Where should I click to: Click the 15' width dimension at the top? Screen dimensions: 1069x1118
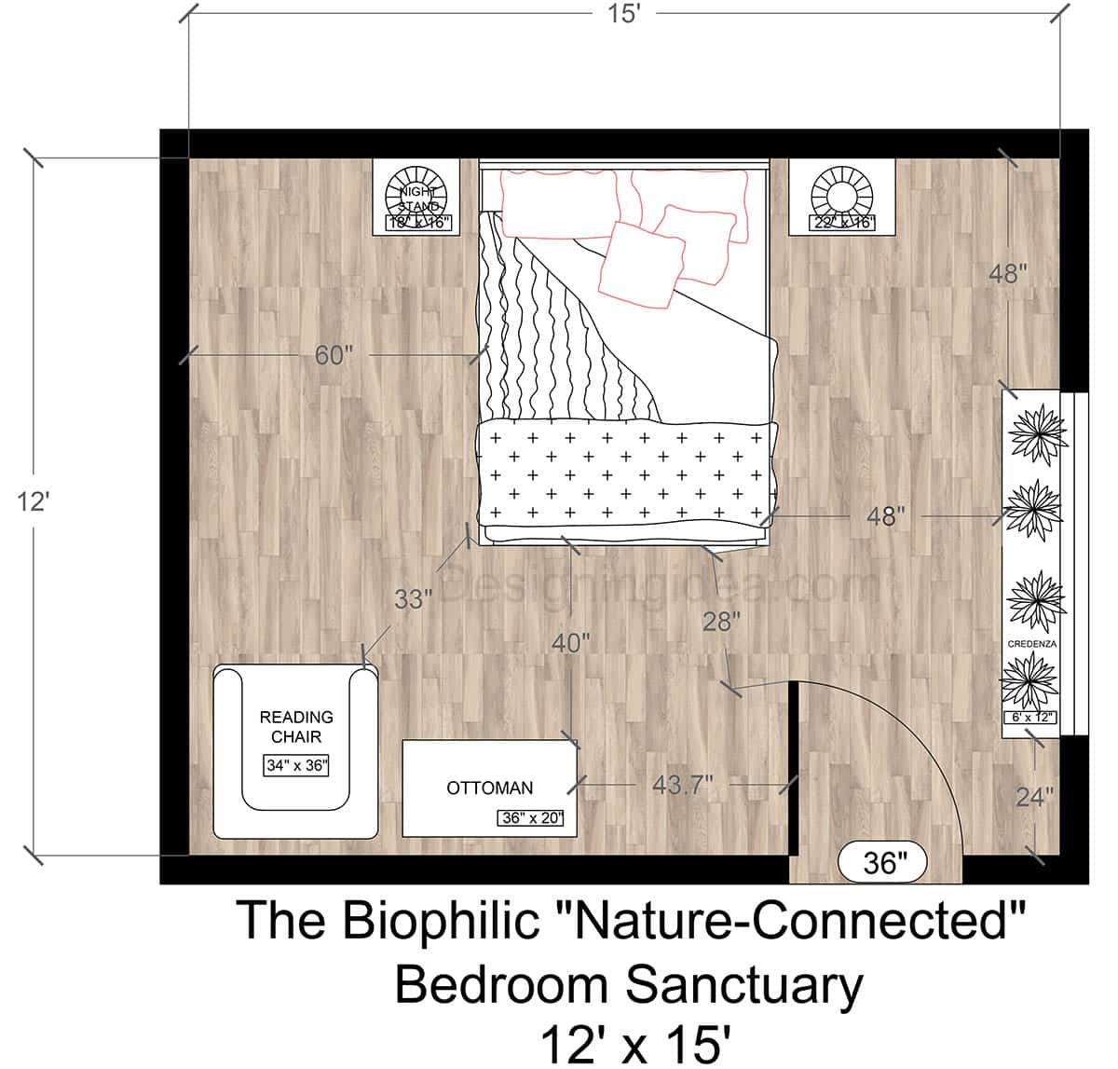(623, 15)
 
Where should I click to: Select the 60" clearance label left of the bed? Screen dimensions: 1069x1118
(332, 355)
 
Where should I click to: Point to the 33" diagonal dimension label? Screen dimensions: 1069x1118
(414, 599)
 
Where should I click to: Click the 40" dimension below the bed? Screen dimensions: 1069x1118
(570, 643)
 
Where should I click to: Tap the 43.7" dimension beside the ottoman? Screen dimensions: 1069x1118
(683, 786)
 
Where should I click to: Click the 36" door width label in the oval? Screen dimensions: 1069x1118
(880, 863)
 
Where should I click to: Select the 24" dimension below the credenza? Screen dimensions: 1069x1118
(1034, 796)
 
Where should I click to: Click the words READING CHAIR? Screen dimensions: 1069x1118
(296, 727)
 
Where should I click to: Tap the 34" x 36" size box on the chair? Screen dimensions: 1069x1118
(296, 766)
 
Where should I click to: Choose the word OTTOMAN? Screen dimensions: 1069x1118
(490, 788)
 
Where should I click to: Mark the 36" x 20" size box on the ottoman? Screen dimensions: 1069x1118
(531, 818)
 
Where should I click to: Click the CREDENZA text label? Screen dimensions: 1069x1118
(1031, 643)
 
